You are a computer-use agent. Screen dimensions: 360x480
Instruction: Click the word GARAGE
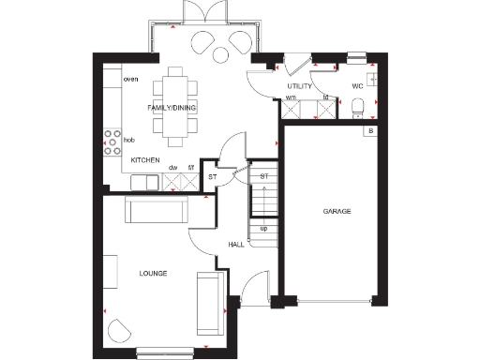(337, 212)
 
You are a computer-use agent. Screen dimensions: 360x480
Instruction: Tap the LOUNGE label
(153, 274)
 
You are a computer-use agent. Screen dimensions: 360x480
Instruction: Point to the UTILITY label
(299, 86)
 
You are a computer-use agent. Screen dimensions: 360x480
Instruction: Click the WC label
(357, 86)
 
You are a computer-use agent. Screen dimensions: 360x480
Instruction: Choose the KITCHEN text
(144, 161)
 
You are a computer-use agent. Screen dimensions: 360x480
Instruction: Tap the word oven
(131, 80)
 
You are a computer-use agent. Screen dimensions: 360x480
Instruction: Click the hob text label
(129, 139)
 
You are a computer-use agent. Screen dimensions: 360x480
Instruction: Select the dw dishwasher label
(173, 168)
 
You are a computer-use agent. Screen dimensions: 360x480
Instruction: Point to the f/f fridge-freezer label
(191, 168)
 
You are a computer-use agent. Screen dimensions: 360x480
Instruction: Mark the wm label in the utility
(291, 97)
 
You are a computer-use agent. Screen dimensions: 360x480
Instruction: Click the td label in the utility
(324, 97)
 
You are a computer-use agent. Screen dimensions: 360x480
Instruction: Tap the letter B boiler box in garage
(371, 131)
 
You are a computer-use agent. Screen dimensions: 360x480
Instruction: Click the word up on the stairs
(263, 228)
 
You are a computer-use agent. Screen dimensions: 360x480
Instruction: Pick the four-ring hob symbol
(111, 141)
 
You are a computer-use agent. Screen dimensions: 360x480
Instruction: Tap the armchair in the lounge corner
(119, 331)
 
